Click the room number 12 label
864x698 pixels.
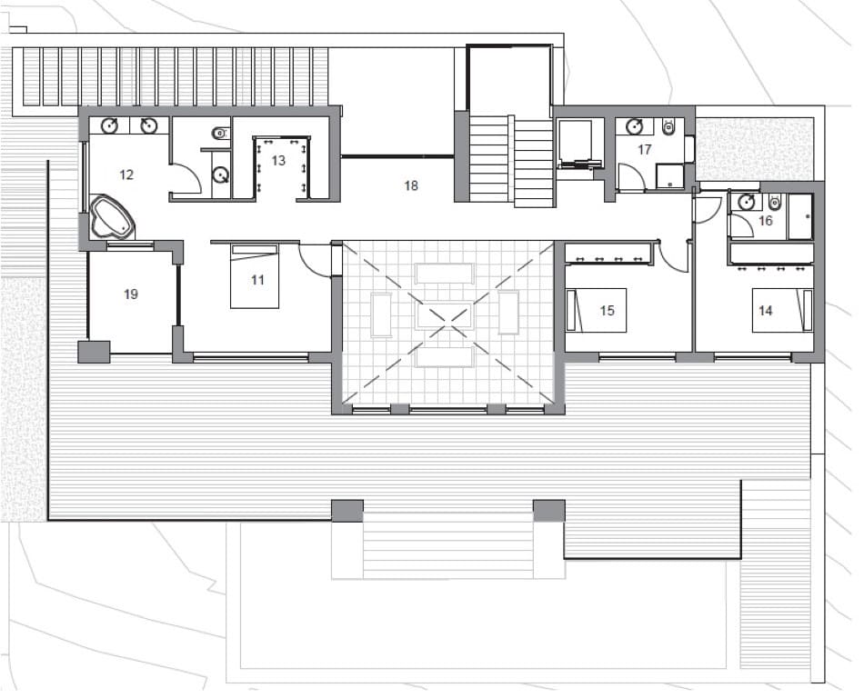(126, 174)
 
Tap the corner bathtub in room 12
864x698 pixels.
(112, 218)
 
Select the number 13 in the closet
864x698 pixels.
(278, 160)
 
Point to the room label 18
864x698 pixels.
(411, 185)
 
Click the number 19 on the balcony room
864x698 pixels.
(131, 294)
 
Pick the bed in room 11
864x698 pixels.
(254, 277)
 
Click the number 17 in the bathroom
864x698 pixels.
(645, 150)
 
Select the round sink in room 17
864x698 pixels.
(635, 126)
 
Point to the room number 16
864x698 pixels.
(765, 221)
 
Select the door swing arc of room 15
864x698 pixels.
(674, 258)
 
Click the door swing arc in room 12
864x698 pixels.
(186, 178)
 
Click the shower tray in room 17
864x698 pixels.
(670, 176)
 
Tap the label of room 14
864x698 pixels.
(765, 311)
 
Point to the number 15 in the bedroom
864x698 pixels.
(608, 311)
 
